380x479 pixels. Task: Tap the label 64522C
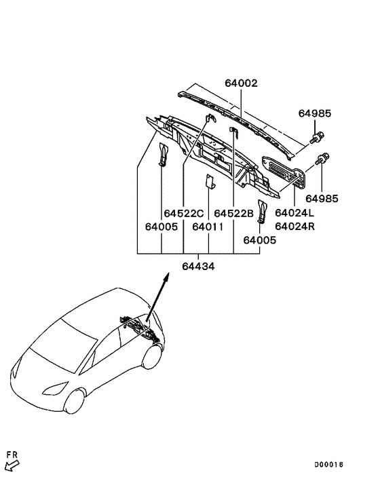[184, 213]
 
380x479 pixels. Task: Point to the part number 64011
[208, 227]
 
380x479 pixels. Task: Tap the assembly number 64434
[198, 267]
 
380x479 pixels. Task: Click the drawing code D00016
[328, 465]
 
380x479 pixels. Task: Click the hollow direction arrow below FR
[12, 465]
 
